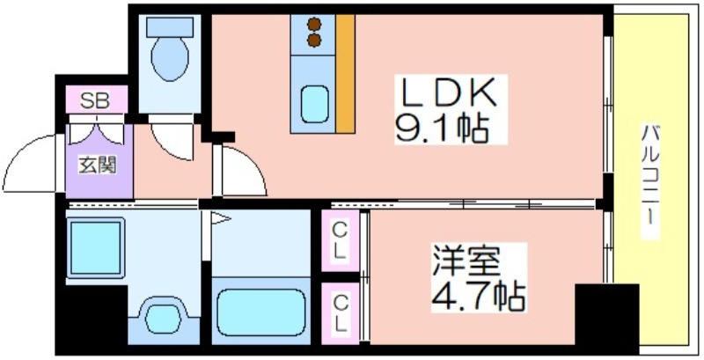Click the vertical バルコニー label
tap(651, 180)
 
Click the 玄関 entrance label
tap(98, 164)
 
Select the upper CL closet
tap(339, 239)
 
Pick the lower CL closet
tap(339, 312)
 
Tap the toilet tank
tap(170, 26)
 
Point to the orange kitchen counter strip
tap(346, 75)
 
